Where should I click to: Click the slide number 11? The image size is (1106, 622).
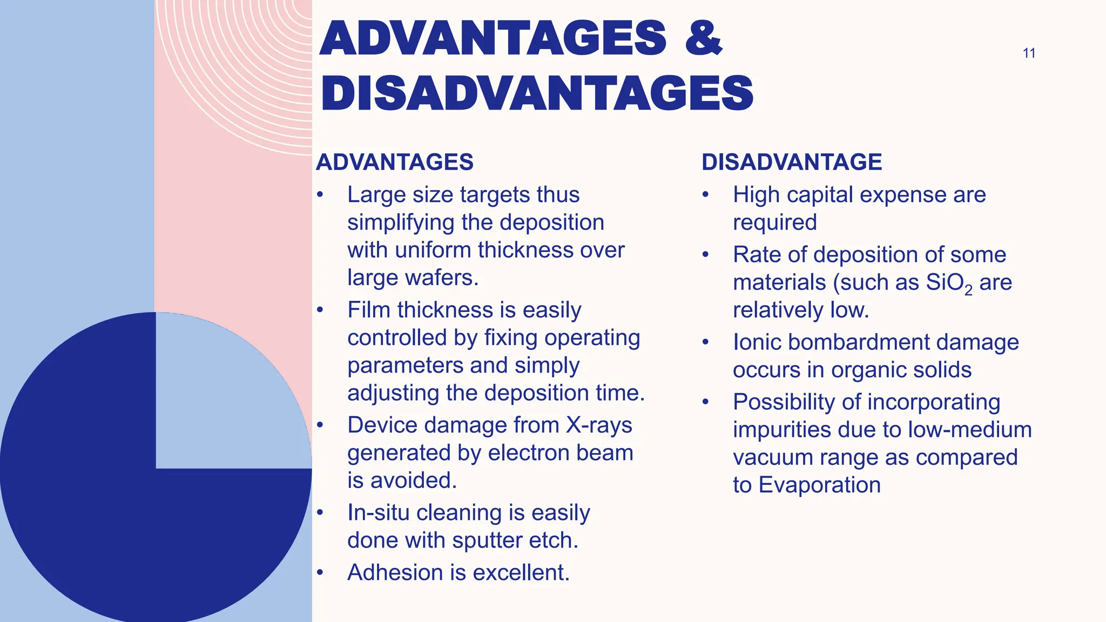[1029, 53]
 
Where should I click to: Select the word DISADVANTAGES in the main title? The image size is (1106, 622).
[537, 93]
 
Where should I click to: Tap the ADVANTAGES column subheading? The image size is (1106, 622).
[395, 162]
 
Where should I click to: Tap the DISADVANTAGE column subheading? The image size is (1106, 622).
[792, 162]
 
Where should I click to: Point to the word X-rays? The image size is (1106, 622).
[599, 425]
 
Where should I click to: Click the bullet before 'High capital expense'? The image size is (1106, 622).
[705, 195]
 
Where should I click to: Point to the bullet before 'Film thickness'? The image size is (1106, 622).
[320, 310]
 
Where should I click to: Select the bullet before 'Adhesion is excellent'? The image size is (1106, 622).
[320, 572]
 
